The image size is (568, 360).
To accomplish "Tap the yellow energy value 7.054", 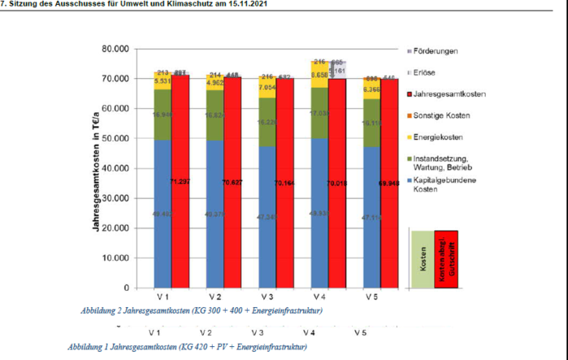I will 267,86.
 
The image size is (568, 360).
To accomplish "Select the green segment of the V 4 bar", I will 319,114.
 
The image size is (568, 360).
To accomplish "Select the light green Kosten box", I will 423,258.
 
